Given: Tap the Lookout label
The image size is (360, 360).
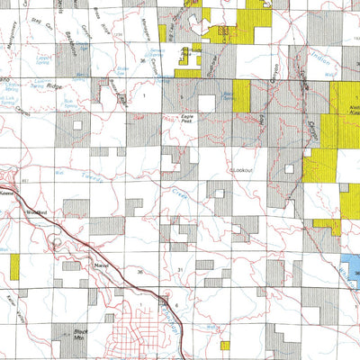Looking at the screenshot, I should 243,170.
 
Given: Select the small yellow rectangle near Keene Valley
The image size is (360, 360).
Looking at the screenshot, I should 14,265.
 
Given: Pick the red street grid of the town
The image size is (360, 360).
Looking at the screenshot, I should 143,337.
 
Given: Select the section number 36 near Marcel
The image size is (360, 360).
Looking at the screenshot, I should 139,270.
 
